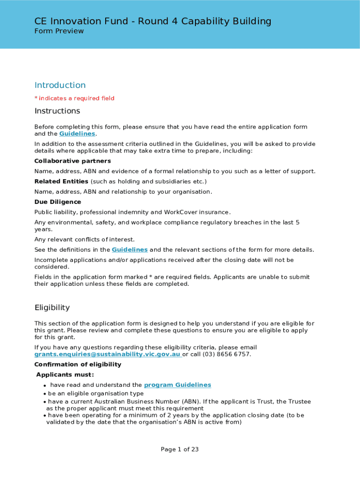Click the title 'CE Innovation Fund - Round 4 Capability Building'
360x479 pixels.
[x=153, y=21]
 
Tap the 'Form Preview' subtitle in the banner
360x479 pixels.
[x=59, y=31]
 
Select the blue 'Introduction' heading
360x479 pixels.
[x=60, y=85]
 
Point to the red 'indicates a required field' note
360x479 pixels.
[x=76, y=98]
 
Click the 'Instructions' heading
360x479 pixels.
[x=57, y=111]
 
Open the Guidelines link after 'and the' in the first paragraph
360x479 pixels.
[x=77, y=134]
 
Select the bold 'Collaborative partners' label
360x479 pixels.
[x=72, y=161]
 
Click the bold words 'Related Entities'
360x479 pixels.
[x=61, y=181]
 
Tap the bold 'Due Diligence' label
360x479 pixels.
[x=58, y=202]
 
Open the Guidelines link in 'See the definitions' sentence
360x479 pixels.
[x=130, y=250]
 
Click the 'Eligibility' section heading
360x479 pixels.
[x=52, y=307]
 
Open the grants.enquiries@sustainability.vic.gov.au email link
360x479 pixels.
[x=108, y=354]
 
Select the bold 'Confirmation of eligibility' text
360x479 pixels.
[x=78, y=364]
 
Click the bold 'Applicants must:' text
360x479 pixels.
[x=65, y=375]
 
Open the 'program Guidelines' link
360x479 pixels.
[x=177, y=385]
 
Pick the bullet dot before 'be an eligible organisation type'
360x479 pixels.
[x=45, y=394]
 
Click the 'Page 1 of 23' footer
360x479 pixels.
[x=180, y=450]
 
